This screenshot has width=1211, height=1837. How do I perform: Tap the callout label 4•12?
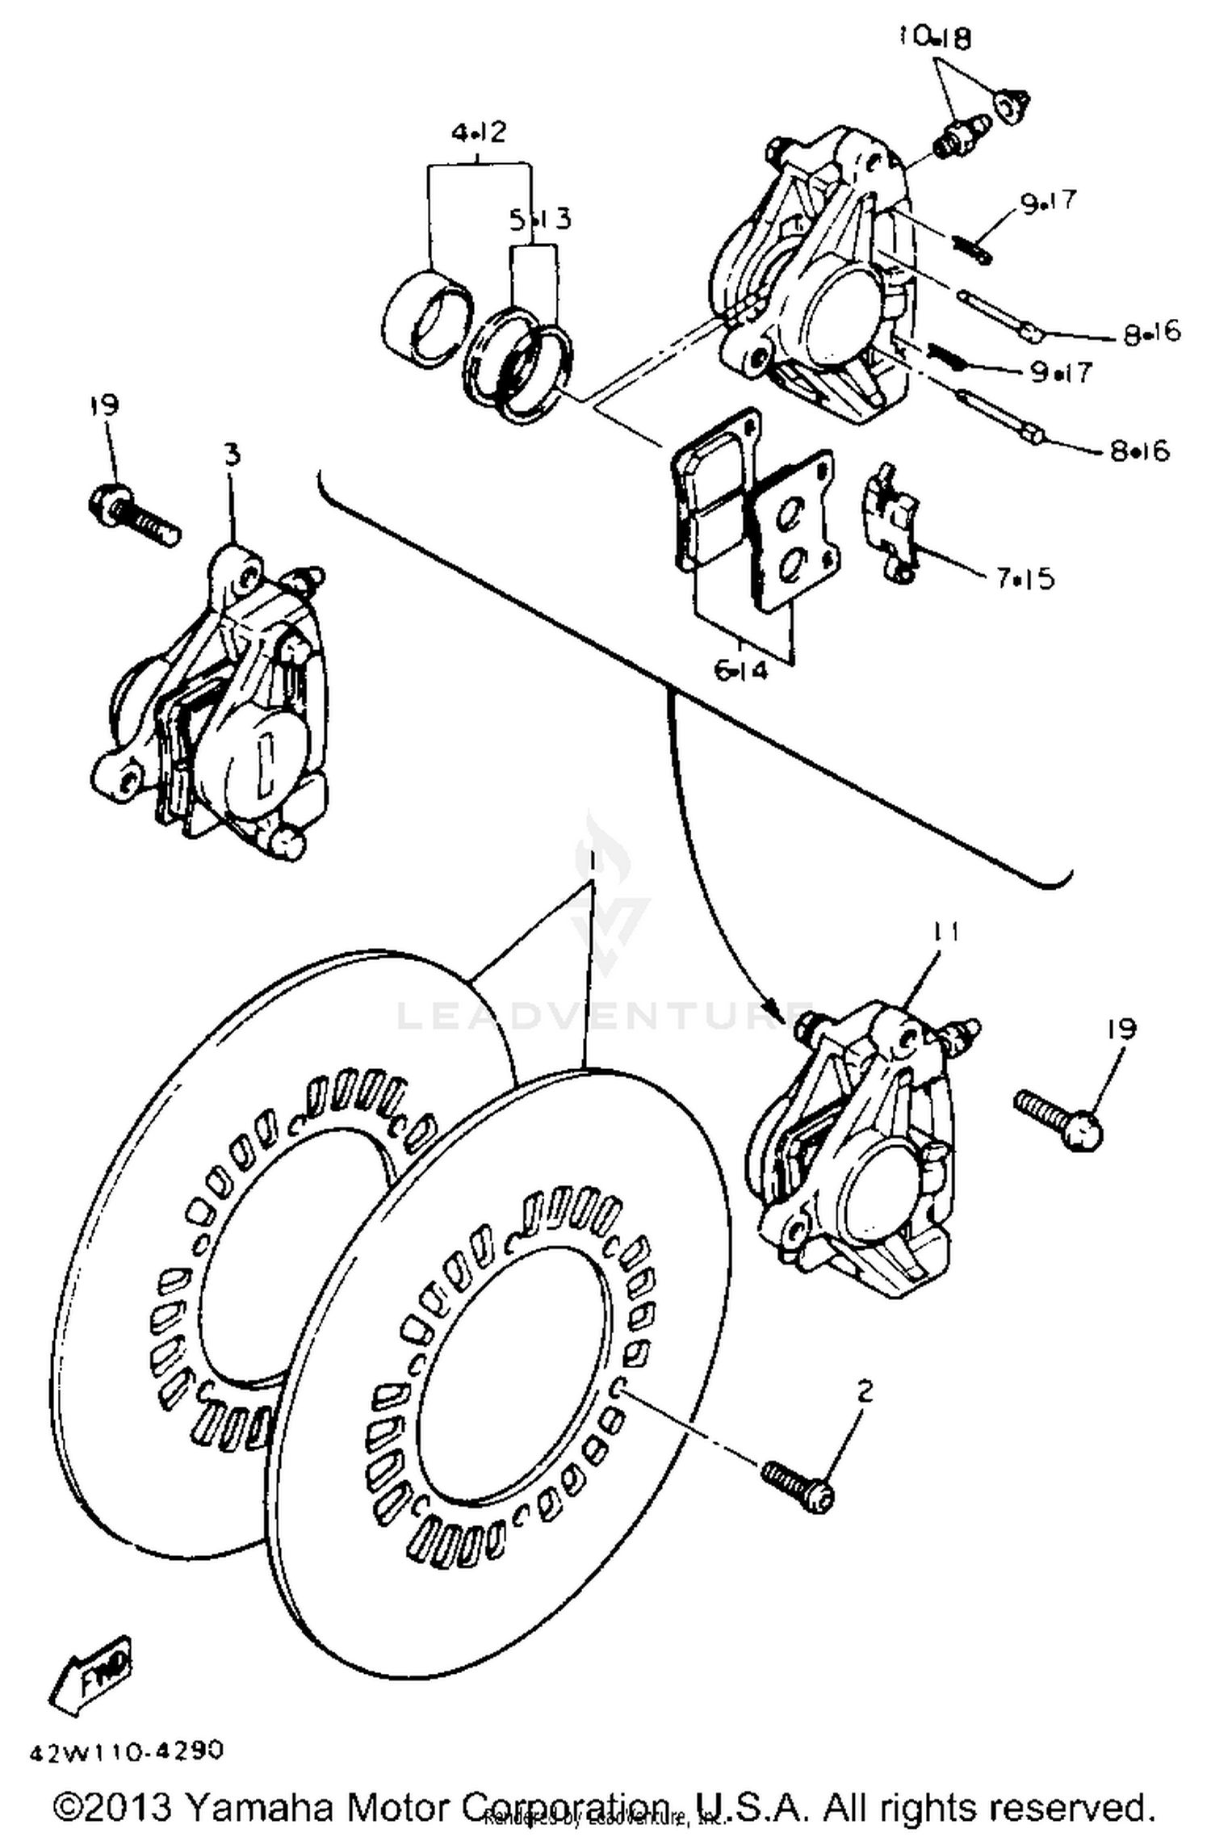[x=478, y=132]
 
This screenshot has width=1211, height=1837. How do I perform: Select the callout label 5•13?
[x=539, y=218]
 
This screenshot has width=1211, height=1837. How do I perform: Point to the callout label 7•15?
[x=1025, y=578]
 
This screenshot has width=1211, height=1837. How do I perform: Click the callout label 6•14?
[x=741, y=669]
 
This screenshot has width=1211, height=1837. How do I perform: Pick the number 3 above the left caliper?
[x=232, y=455]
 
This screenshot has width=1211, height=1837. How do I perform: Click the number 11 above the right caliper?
[x=945, y=933]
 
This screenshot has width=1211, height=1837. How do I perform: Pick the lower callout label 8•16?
[x=1139, y=451]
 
